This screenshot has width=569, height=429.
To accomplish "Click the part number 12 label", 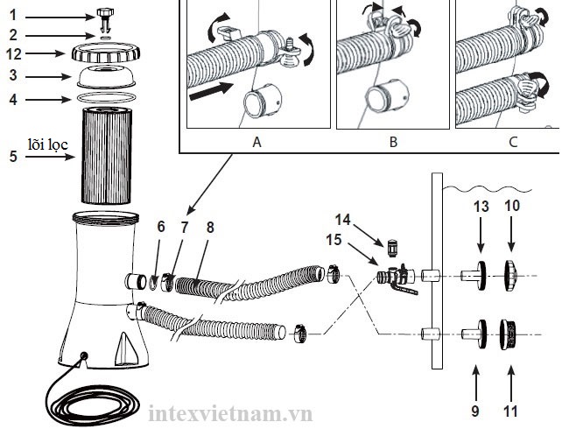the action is (x=14, y=54).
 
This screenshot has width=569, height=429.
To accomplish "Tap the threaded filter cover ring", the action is (x=106, y=53).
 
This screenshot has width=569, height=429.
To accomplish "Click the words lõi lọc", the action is (x=48, y=144).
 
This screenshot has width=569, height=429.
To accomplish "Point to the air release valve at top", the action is (x=105, y=18).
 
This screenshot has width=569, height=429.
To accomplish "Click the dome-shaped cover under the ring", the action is (x=106, y=77).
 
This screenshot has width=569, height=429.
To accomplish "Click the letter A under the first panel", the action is (x=256, y=142).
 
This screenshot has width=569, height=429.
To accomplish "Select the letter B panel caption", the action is (x=393, y=142).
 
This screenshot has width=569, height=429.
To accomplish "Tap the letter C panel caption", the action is (x=513, y=142).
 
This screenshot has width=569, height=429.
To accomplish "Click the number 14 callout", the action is (x=342, y=220).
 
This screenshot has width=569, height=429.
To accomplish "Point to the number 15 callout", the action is (x=334, y=240).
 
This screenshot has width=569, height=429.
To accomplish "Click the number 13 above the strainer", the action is (x=481, y=207).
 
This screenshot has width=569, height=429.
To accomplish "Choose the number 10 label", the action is (x=512, y=206).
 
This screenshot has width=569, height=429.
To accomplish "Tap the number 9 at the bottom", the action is (x=475, y=411).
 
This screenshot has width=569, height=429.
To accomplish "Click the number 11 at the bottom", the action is (x=510, y=411).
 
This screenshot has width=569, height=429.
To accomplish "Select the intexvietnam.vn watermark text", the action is (x=231, y=413).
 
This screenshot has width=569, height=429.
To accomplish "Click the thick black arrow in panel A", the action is (x=211, y=91).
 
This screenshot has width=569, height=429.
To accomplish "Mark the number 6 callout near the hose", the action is (x=161, y=227).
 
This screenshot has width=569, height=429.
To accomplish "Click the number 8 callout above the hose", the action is (x=210, y=228).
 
